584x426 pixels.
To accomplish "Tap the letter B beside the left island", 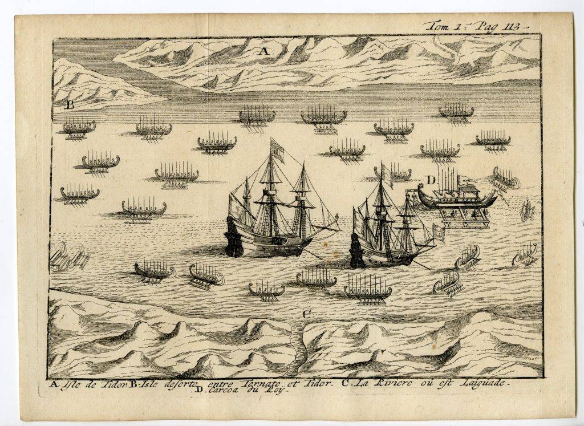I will [70, 104].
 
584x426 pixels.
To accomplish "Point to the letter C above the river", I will [307, 313].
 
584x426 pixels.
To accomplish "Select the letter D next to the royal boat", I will [431, 180].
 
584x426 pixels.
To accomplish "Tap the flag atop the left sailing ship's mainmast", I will [277, 149].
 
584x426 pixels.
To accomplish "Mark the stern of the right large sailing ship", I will [358, 251].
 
